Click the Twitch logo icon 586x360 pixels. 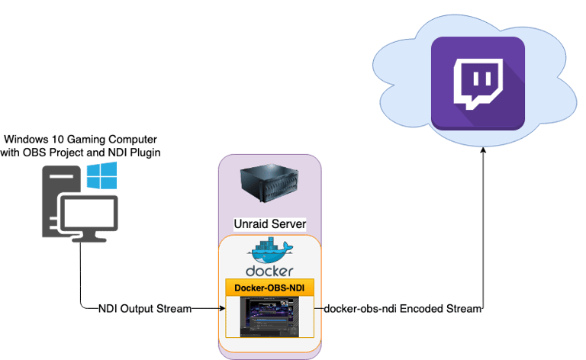[x=478, y=85]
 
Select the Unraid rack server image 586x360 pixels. [x=269, y=187]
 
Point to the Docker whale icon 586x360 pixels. [x=269, y=252]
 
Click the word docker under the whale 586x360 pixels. [x=269, y=272]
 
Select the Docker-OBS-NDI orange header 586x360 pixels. [x=269, y=288]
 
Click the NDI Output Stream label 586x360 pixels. [x=145, y=310]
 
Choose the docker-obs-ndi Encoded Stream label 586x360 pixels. [x=403, y=310]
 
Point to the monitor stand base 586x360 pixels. [x=89, y=239]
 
